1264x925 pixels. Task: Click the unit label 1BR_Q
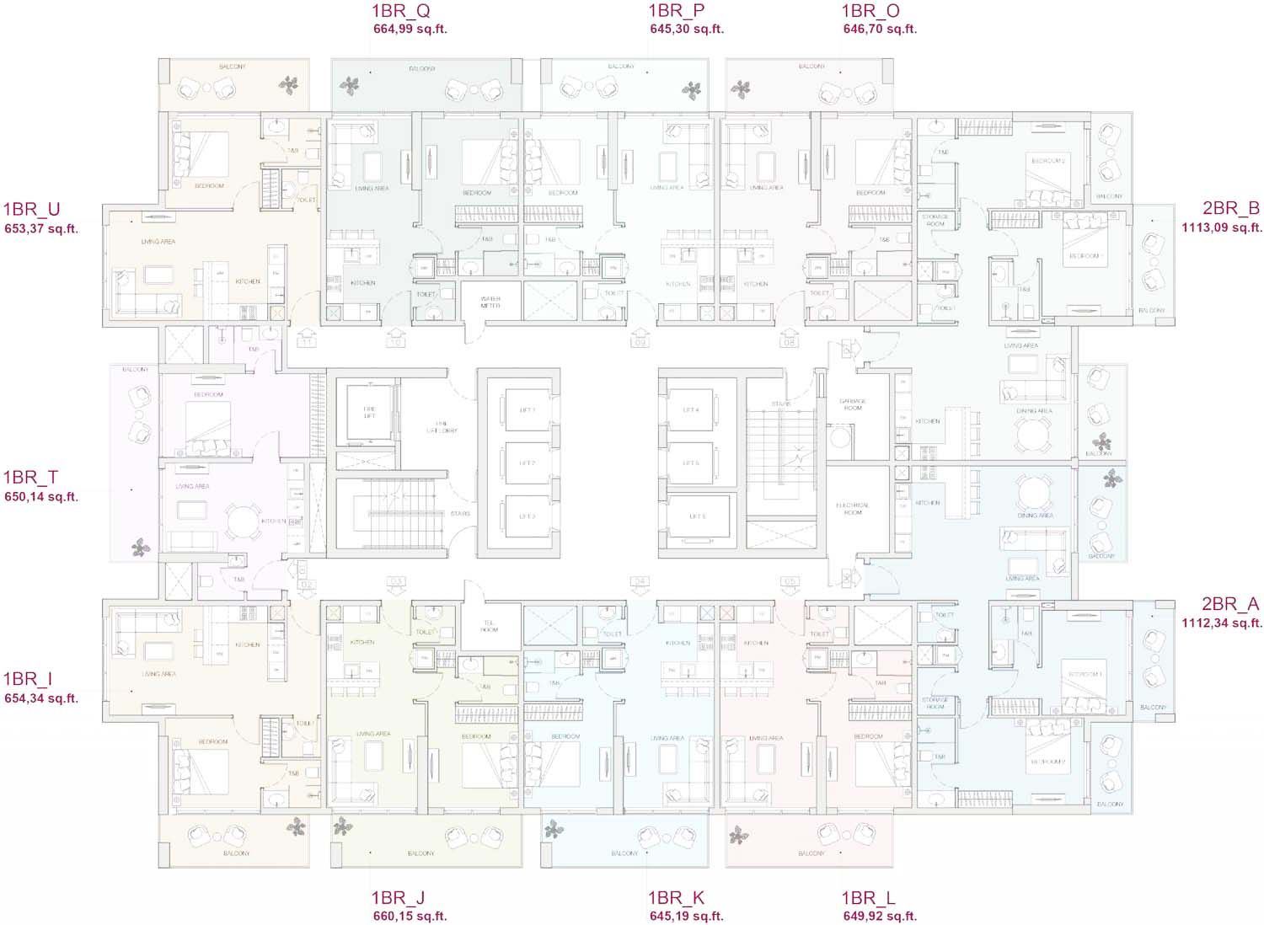[400, 11]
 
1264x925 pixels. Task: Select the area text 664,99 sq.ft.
[410, 29]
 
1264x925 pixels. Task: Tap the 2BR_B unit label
[1230, 209]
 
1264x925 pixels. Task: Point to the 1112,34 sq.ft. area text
[1221, 623]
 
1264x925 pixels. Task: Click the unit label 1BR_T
[30, 478]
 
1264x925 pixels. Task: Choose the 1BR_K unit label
[676, 898]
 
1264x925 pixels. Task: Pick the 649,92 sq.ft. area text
[880, 917]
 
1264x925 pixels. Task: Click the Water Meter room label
[490, 302]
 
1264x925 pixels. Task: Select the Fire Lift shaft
[369, 412]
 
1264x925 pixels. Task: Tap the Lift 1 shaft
[528, 411]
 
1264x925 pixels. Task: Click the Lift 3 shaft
[528, 516]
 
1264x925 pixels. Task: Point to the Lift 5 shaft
[691, 463]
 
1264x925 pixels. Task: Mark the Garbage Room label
[853, 405]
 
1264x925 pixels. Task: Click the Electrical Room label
[853, 509]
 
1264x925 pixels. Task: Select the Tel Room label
[489, 627]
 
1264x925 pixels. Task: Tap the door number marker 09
[640, 342]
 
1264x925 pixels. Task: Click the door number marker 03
[395, 581]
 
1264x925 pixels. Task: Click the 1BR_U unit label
[31, 210]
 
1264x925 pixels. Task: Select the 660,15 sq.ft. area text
[410, 917]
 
